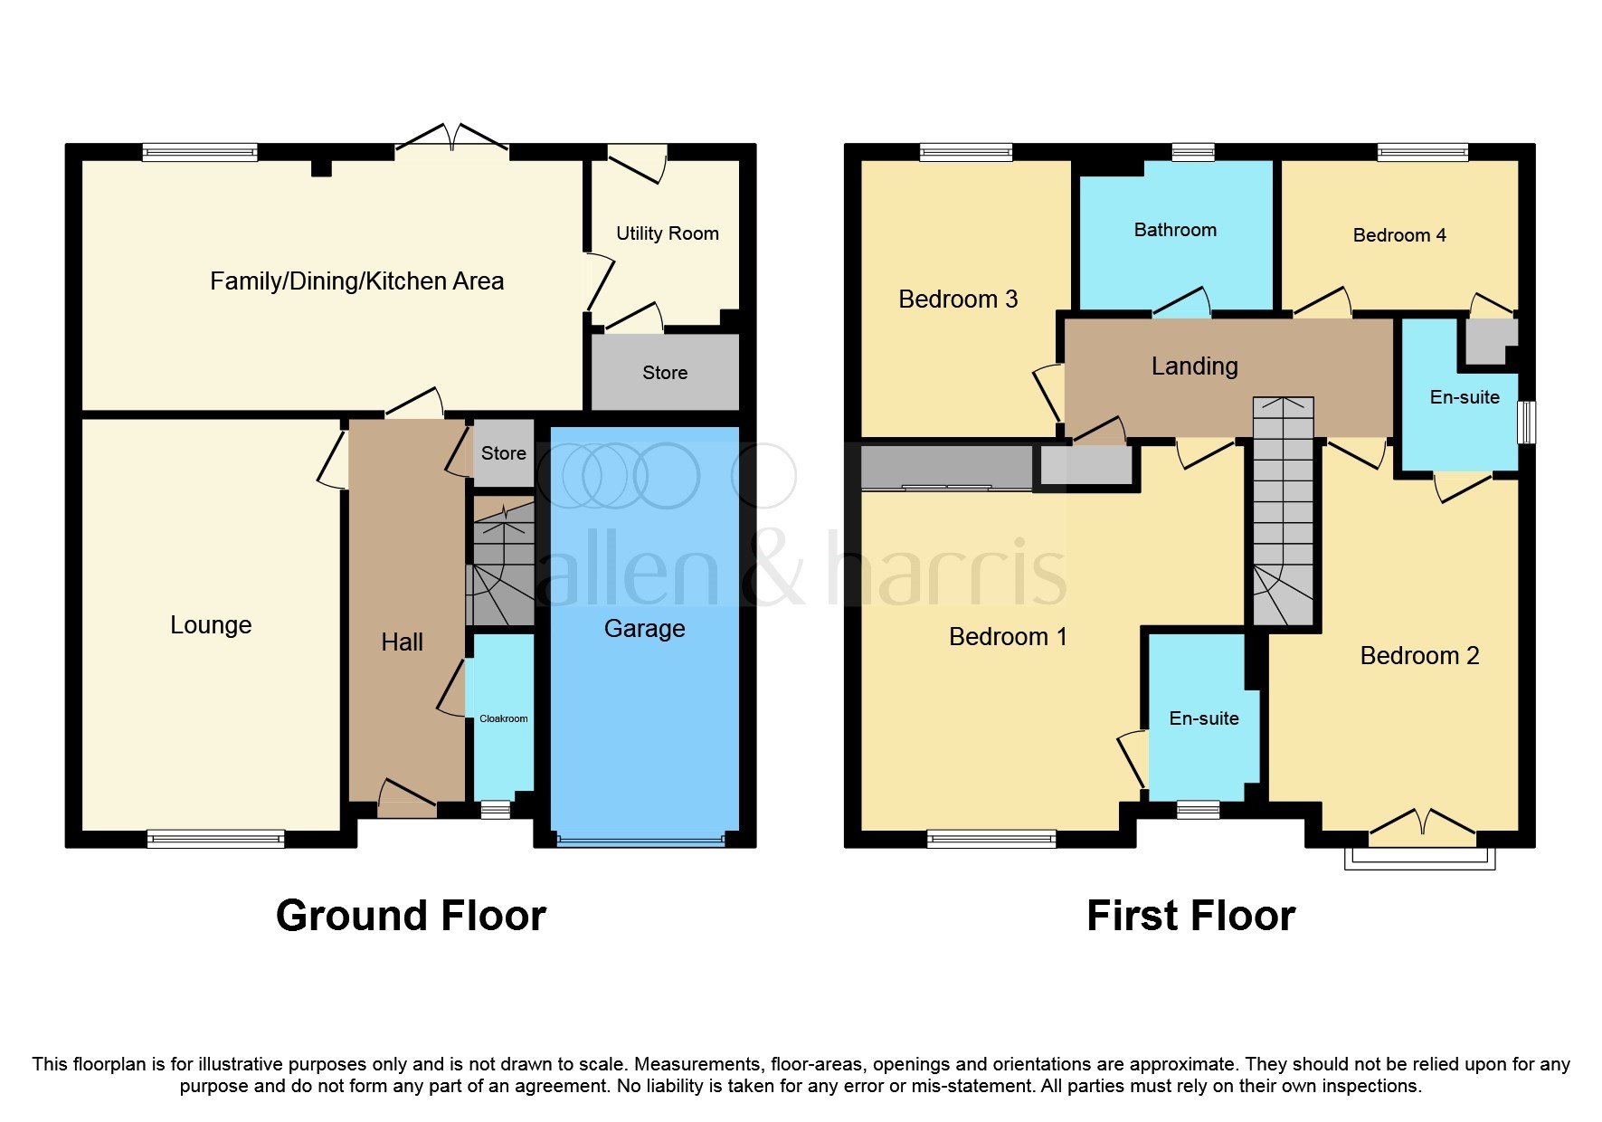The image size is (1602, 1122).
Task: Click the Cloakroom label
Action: point(503,718)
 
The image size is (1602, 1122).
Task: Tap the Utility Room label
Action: point(667,233)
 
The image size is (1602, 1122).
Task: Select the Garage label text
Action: point(644,628)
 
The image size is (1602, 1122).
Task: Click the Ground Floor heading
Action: point(411,916)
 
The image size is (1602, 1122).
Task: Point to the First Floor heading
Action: point(1190,916)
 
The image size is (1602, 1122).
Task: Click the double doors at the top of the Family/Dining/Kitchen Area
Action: point(451,140)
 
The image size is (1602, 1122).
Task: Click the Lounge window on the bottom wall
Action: point(215,839)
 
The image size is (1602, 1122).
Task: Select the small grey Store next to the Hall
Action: point(503,452)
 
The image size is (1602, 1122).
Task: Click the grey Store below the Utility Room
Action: point(665,373)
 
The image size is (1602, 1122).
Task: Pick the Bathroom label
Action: point(1175,230)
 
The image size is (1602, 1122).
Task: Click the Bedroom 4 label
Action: point(1398,235)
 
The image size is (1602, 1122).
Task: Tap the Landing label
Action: point(1194,366)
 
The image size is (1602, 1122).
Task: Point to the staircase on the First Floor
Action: point(1283,511)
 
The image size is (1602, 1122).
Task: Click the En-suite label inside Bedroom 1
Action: point(1203,718)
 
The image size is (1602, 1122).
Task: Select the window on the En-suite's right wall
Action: point(1525,422)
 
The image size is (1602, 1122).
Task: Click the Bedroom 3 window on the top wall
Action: point(965,152)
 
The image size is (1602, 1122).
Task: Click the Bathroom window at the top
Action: point(1192,152)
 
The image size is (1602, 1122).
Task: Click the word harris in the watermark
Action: point(946,570)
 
